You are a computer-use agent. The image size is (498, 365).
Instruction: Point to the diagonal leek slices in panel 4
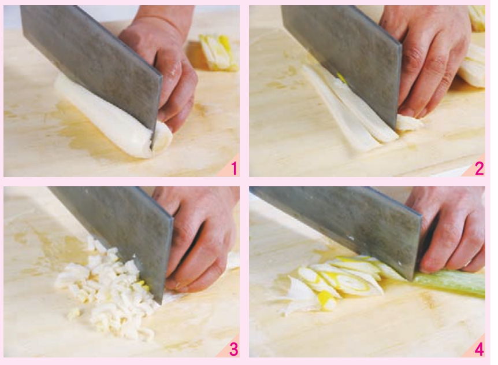337,280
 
